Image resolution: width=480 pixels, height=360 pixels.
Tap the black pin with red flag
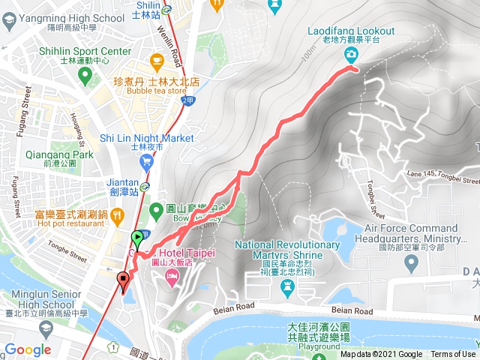(123, 281)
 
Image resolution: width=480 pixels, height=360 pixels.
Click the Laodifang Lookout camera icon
(351, 54)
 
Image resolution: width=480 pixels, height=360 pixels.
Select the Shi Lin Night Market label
(146, 139)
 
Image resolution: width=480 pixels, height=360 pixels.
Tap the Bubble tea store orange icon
(157, 60)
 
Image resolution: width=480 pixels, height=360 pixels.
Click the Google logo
(28, 349)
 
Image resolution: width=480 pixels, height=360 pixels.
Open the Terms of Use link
(453, 355)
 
